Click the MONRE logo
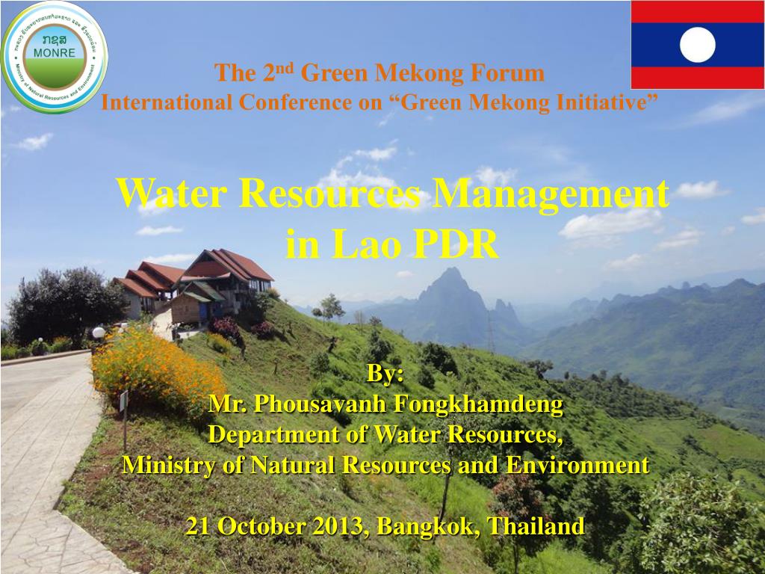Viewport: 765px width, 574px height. pos(55,56)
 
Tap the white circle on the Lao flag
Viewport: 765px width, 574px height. pos(698,45)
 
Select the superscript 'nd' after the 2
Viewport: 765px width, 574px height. pos(288,68)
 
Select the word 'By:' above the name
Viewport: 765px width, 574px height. pos(385,374)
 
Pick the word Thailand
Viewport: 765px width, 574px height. pos(536,526)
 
